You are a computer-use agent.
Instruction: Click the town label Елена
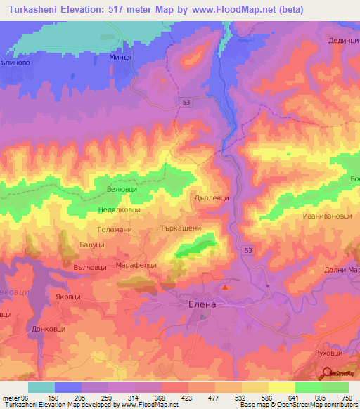coord(202,305)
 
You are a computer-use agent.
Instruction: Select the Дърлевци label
coord(212,198)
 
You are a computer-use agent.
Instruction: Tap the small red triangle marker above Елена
coord(225,287)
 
